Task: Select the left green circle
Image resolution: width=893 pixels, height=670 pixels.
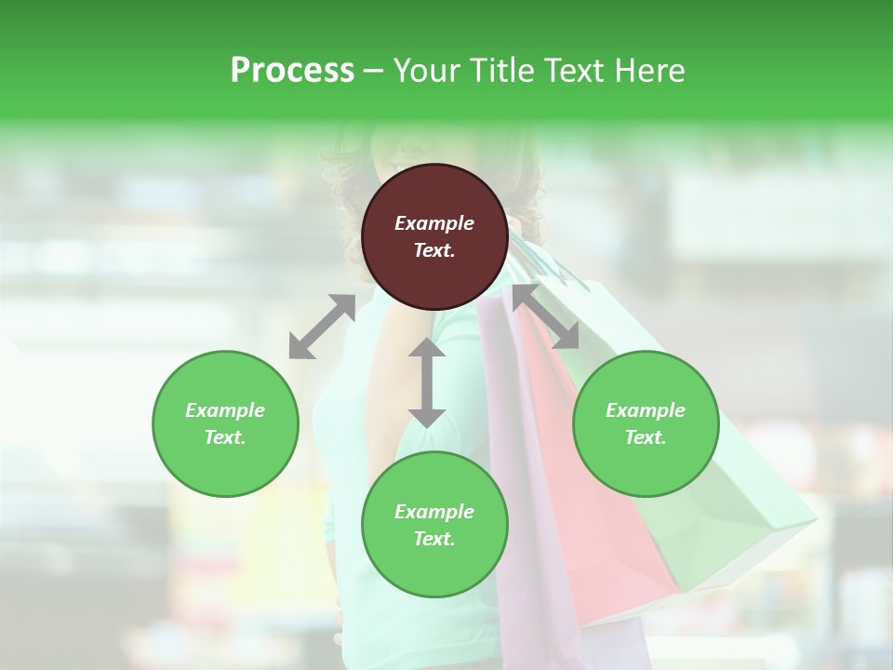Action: pyautogui.click(x=225, y=423)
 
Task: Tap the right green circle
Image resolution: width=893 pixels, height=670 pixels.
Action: pyautogui.click(x=646, y=423)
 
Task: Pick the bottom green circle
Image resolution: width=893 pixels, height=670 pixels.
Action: pyautogui.click(x=434, y=525)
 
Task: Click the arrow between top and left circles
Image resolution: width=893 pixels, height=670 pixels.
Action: pyautogui.click(x=322, y=327)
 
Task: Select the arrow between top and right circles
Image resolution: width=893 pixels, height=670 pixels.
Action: pyautogui.click(x=546, y=316)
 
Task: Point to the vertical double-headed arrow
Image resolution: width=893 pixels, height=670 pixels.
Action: pyautogui.click(x=427, y=382)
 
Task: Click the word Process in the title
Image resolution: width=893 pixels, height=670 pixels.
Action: pyautogui.click(x=292, y=71)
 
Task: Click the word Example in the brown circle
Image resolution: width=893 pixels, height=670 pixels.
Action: pyautogui.click(x=434, y=223)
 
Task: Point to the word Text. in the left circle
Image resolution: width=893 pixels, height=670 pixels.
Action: pyautogui.click(x=225, y=437)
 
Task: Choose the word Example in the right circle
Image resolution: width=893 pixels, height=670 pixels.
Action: pyautogui.click(x=646, y=410)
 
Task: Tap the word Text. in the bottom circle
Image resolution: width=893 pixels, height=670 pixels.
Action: pyautogui.click(x=434, y=539)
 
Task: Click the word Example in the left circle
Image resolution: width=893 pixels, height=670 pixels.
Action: pyautogui.click(x=225, y=410)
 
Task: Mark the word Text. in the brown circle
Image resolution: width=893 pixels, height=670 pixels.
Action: pyautogui.click(x=434, y=250)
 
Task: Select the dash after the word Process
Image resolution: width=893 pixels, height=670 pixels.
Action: pyautogui.click(x=374, y=71)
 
